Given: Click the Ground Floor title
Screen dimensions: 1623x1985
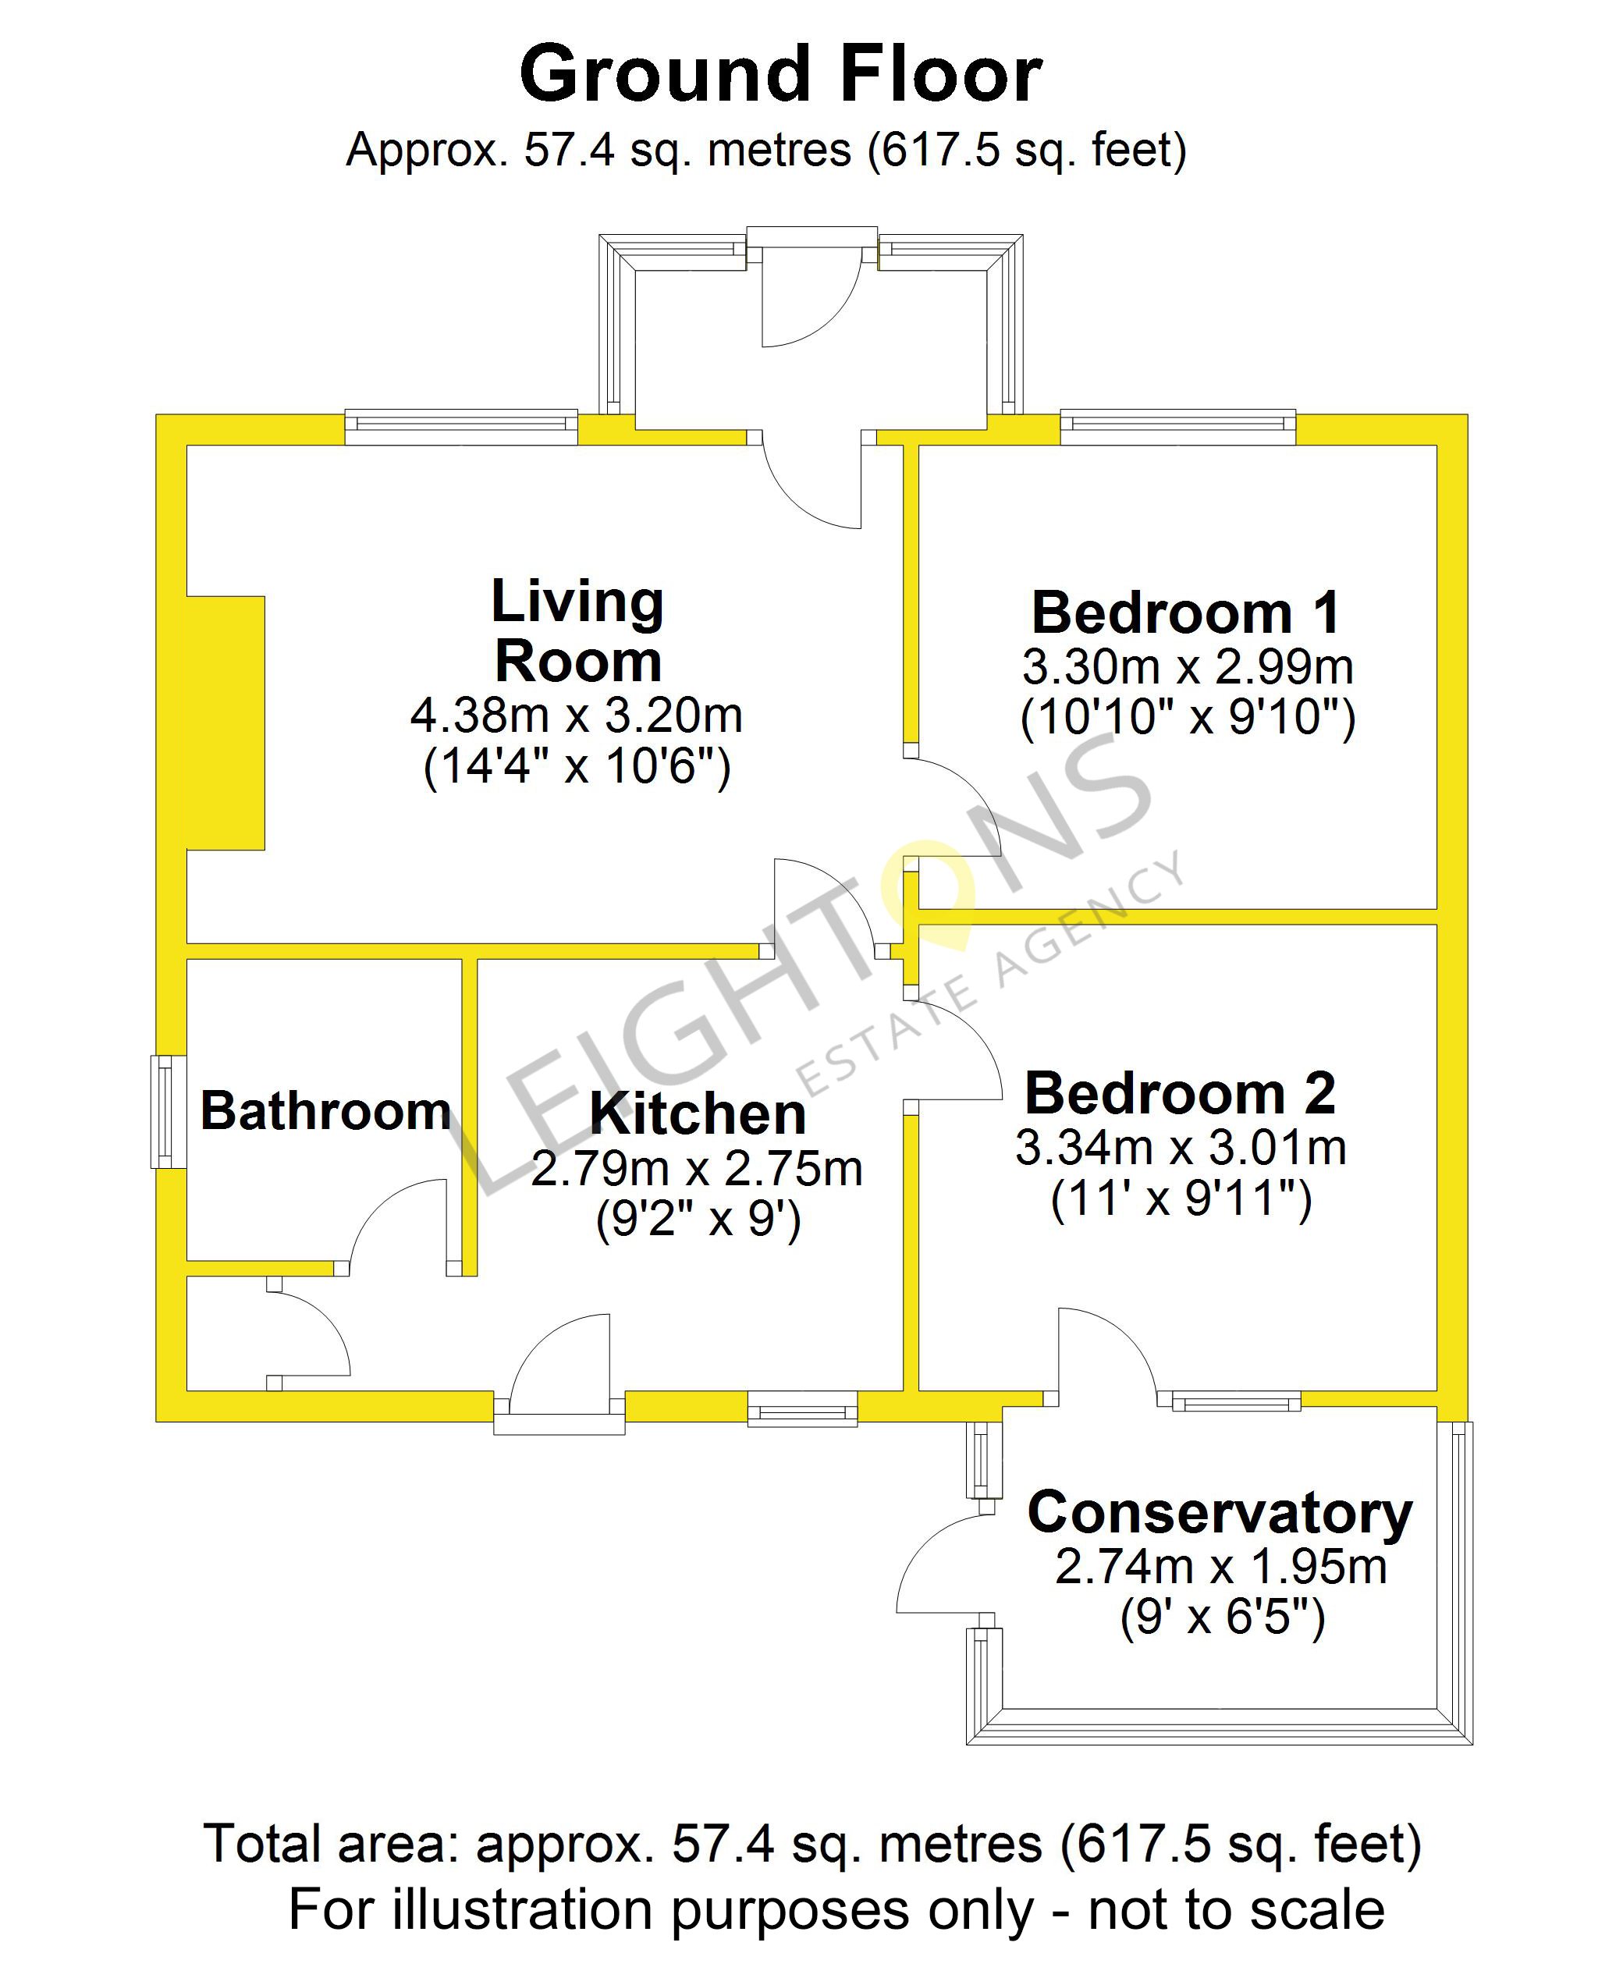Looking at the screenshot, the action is click(x=780, y=74).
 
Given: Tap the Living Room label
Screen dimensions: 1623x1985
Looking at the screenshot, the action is click(x=577, y=631).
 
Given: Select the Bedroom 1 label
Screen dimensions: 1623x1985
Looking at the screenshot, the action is click(x=1186, y=613).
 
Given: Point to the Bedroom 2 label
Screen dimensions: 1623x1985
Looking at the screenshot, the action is click(x=1181, y=1093).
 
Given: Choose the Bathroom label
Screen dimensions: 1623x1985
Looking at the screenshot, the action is click(x=326, y=1111).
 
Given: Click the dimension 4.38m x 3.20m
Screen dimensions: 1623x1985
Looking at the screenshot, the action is click(x=577, y=716).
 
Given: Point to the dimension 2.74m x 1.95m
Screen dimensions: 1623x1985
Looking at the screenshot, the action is click(x=1221, y=1567).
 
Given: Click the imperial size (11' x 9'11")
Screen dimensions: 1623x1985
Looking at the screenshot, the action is click(x=1181, y=1198).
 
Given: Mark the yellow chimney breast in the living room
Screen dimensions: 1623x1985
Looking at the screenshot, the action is click(x=226, y=723).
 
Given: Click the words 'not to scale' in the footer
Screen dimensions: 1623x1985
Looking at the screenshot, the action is click(x=1236, y=1910).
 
